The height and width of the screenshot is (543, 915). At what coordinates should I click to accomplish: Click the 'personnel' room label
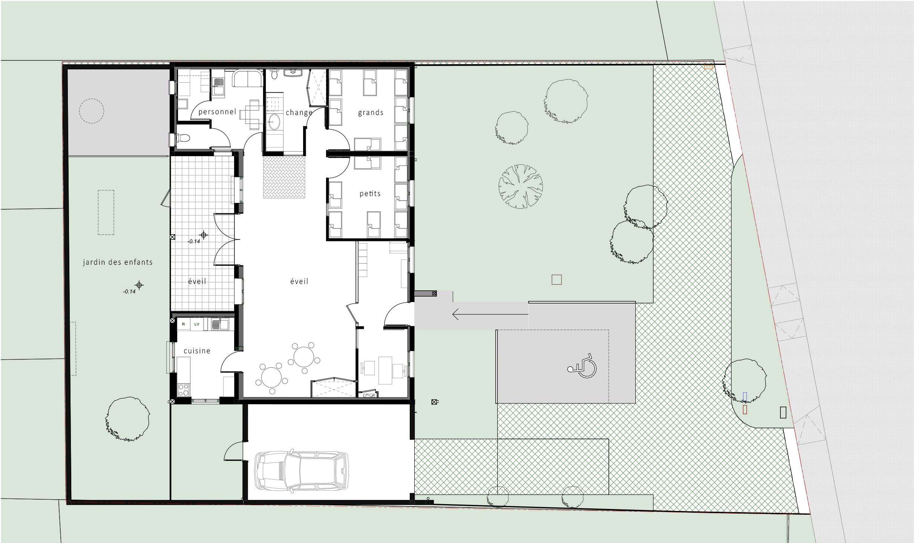[x=217, y=112]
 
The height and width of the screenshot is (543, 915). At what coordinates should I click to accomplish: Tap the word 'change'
[x=299, y=113]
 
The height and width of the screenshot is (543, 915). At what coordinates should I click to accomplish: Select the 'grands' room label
[x=371, y=113]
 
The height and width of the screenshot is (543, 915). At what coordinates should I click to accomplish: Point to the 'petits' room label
[x=370, y=194]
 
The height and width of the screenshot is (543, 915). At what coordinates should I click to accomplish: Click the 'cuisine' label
[x=197, y=351]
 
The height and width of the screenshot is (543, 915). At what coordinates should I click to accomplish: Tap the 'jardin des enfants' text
[x=118, y=262]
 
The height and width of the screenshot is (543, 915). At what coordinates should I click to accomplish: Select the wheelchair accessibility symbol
[x=582, y=366]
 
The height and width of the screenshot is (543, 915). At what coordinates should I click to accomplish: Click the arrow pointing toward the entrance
[x=490, y=314]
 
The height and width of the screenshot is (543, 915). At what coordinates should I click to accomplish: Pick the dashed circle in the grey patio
[x=92, y=99]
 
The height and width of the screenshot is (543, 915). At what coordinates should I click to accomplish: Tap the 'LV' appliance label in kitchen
[x=197, y=324]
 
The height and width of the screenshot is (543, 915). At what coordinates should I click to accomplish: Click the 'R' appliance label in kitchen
[x=184, y=324]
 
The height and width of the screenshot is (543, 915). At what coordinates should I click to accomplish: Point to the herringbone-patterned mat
[x=284, y=177]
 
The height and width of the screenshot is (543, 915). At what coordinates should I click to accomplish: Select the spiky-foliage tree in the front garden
[x=521, y=186]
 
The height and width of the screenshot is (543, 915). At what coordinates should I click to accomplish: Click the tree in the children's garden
[x=128, y=419]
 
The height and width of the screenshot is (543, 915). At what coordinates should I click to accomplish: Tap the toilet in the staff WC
[x=183, y=138]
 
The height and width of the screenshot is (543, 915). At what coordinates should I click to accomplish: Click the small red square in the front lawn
[x=556, y=279]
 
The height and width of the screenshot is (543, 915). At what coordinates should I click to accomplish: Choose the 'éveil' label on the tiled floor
[x=197, y=281]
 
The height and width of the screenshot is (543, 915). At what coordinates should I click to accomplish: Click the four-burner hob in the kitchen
[x=184, y=390]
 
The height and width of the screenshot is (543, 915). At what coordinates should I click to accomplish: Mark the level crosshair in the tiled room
[x=204, y=235]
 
